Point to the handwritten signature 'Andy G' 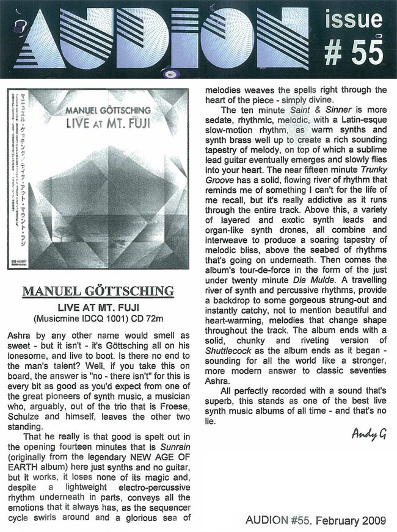(x=369, y=434)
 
